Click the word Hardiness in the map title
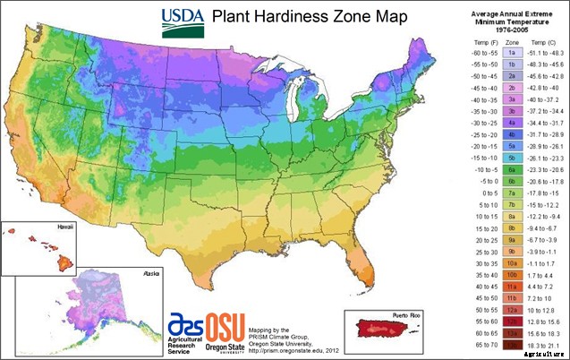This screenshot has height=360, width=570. click(287, 17)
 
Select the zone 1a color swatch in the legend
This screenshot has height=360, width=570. click(510, 55)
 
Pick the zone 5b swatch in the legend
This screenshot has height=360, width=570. click(510, 156)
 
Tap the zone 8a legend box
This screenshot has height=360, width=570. click(510, 216)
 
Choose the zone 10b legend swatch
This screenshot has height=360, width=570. click(510, 275)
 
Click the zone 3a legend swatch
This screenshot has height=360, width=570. click(510, 101)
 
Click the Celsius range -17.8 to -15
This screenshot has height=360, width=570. click(542, 192)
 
